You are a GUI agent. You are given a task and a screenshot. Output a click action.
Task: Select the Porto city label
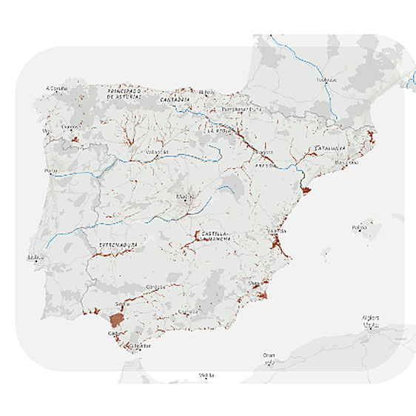pyautogui.click(x=50, y=170)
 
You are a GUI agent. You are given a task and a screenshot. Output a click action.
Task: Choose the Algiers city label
pyautogui.click(x=371, y=319)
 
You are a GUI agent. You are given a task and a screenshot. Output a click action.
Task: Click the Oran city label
pyautogui.click(x=269, y=355)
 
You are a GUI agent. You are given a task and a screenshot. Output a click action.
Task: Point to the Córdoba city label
pyautogui.click(x=156, y=286)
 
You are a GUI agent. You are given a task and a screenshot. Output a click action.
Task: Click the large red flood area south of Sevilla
pyautogui.click(x=117, y=320)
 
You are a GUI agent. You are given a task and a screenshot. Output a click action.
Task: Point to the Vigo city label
pyautogui.click(x=48, y=131)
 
